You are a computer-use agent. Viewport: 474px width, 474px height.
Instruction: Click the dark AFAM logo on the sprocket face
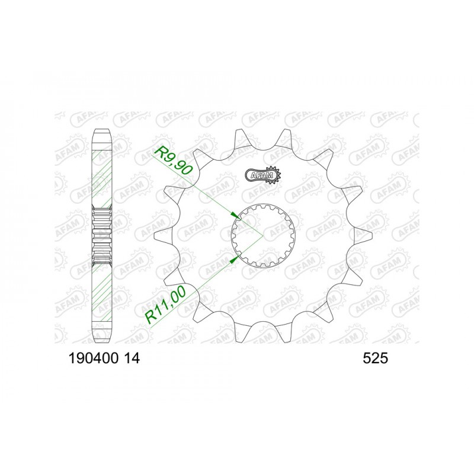pyautogui.click(x=261, y=175)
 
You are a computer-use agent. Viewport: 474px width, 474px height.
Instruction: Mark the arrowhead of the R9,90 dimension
pyautogui.click(x=235, y=215)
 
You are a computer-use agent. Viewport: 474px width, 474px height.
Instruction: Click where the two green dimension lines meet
pyautogui.click(x=262, y=236)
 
